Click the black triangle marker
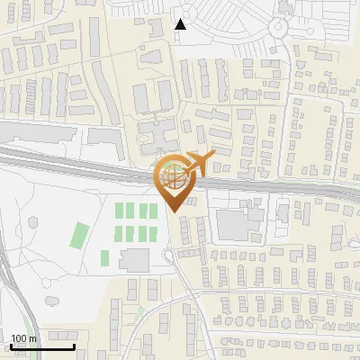pyautogui.click(x=181, y=24)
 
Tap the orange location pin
pyautogui.click(x=174, y=184)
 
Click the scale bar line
pyautogui.click(x=42, y=346)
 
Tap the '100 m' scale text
pyautogui.click(x=23, y=338)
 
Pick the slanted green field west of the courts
pyautogui.click(x=81, y=236)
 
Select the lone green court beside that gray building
pyautogui.click(x=106, y=259)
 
